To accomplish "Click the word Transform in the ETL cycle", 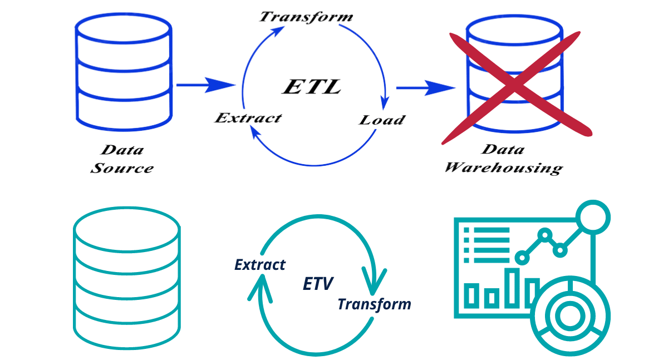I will [306, 16].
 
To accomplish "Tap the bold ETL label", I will [312, 86].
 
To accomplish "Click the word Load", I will [382, 120].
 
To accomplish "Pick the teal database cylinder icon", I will [127, 275].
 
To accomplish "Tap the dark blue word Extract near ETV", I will [260, 264].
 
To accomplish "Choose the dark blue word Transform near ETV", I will [374, 304].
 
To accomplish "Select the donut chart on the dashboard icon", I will [569, 316].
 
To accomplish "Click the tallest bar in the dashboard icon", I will [512, 288].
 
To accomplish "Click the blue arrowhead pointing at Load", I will [384, 104].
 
